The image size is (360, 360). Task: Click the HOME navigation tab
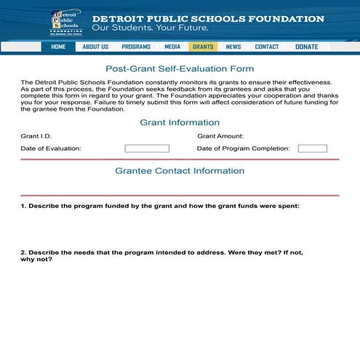58,47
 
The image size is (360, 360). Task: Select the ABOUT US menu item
95,47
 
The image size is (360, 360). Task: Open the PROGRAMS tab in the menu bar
136,47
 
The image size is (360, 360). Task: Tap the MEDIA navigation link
172,47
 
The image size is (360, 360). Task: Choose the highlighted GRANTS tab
203,47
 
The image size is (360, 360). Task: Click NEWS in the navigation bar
233,47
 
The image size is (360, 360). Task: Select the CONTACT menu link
267,47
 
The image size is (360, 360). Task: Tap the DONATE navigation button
307,47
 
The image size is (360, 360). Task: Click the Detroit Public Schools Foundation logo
66,23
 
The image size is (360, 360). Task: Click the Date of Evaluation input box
147,148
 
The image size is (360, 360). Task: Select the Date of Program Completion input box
312,148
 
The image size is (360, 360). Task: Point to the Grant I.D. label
36,136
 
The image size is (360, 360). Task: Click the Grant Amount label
220,136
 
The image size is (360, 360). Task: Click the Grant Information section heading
180,122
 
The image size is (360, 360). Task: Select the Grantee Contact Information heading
180,171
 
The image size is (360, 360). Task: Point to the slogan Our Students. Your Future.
150,28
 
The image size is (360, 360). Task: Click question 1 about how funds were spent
160,206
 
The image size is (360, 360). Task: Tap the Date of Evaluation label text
51,148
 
